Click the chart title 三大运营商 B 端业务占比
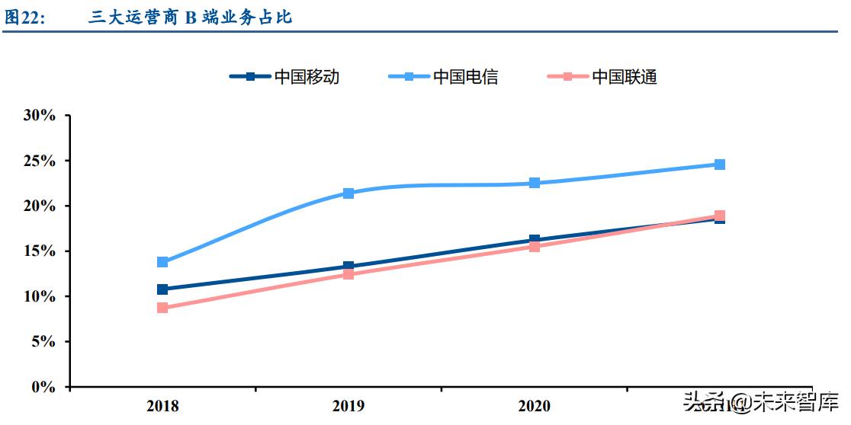(190, 17)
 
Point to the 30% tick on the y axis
(40, 116)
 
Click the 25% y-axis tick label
(40, 161)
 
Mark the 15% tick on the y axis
(40, 251)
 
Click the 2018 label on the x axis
(162, 406)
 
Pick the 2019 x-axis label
(348, 406)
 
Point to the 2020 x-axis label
(535, 406)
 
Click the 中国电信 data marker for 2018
(162, 262)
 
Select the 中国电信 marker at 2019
(348, 193)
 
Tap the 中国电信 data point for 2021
(720, 165)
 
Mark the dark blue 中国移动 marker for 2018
(162, 289)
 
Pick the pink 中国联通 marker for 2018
(162, 308)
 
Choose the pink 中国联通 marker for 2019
(348, 274)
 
